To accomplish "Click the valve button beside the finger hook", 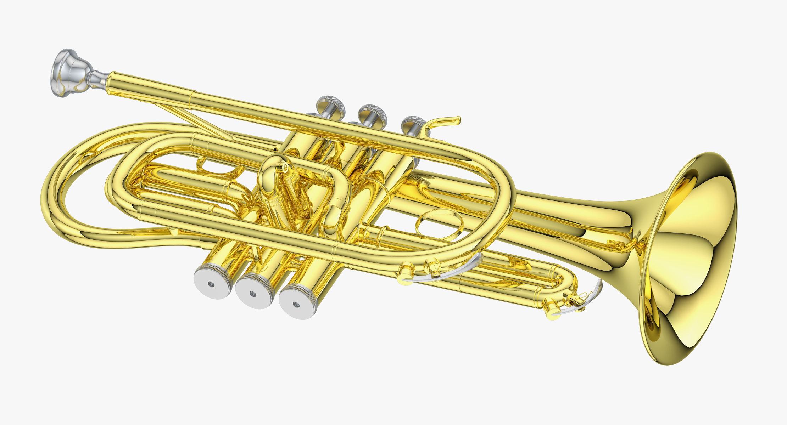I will pyautogui.click(x=413, y=122).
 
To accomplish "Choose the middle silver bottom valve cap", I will pyautogui.click(x=253, y=293).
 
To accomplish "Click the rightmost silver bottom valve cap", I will pyautogui.click(x=296, y=303).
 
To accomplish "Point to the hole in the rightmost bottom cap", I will pyautogui.click(x=296, y=304).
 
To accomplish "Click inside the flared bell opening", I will pyautogui.click(x=695, y=259).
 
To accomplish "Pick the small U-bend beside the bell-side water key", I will pyautogui.click(x=564, y=280).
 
